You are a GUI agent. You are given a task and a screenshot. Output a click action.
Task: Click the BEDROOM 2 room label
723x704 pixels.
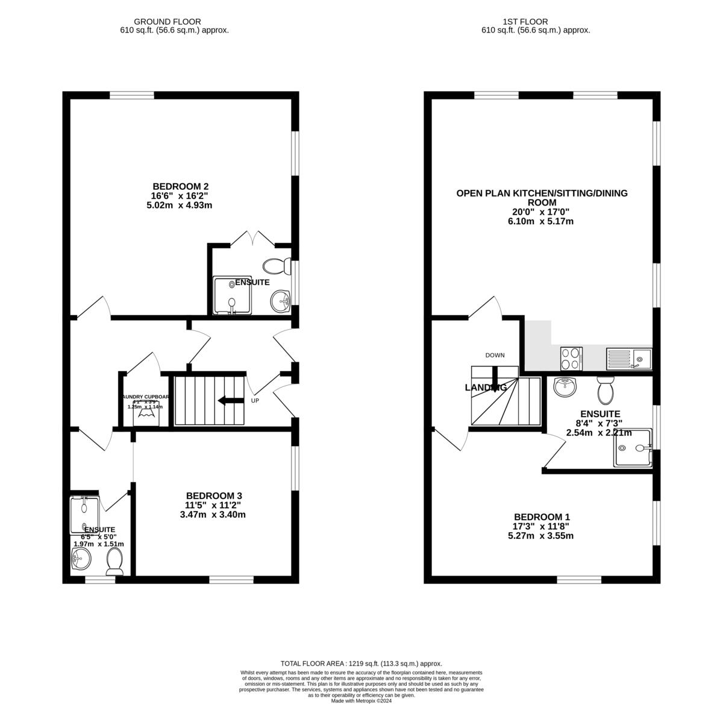(180, 186)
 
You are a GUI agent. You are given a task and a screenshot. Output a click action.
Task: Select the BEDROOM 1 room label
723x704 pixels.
(542, 517)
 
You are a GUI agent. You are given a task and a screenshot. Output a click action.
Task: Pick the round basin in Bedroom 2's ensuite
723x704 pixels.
(280, 300)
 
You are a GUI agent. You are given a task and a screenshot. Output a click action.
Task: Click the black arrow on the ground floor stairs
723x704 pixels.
(230, 401)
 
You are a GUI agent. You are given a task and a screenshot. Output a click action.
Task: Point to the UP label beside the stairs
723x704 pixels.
(255, 401)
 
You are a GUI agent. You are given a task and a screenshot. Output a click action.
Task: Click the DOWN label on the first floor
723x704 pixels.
(495, 355)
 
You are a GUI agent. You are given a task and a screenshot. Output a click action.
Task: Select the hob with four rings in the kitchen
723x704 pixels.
(571, 359)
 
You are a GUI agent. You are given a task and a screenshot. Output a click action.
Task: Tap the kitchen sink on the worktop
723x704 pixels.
(629, 359)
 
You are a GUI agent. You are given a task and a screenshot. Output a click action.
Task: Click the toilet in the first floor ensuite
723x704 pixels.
(605, 389)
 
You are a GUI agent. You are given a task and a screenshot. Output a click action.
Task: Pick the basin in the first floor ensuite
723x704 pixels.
(565, 388)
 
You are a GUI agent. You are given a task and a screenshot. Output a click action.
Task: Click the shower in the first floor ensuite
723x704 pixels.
(633, 448)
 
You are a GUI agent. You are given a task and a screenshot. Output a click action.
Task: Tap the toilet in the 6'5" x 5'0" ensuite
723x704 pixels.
(114, 563)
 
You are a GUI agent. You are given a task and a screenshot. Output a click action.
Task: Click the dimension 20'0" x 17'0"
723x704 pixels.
(542, 212)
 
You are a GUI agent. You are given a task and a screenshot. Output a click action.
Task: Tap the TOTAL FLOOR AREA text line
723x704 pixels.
(361, 663)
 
